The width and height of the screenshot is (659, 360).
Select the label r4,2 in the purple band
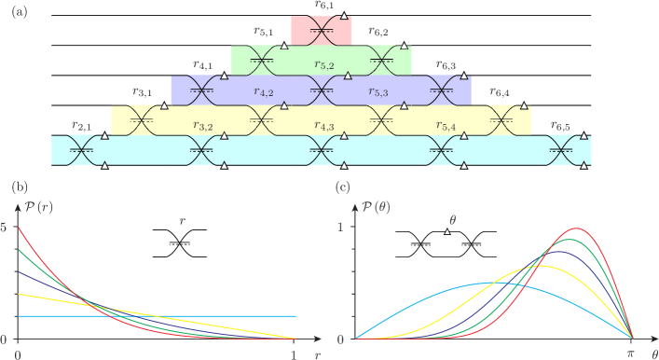coord(263,94)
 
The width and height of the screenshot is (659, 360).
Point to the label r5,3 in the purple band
coord(378,93)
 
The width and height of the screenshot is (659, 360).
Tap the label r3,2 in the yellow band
coord(203,125)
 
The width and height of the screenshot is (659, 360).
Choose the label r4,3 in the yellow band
coord(324,125)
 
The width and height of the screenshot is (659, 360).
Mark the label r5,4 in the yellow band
coord(446,125)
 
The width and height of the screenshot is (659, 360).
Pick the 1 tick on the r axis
coord(295,353)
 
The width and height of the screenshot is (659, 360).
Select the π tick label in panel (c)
coord(632,353)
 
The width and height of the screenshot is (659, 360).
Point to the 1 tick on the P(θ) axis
coord(341,227)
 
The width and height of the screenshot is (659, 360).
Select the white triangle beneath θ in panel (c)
coord(447,230)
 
